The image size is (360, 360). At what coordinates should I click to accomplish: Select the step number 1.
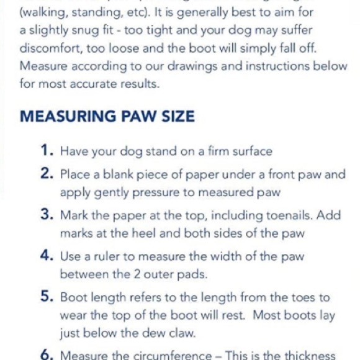pyautogui.click(x=47, y=150)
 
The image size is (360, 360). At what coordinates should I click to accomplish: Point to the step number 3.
pyautogui.click(x=47, y=215)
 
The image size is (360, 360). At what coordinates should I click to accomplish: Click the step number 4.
pyautogui.click(x=47, y=256)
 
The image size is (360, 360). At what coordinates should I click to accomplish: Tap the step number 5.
pyautogui.click(x=47, y=297)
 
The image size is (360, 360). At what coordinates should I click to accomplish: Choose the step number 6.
pyautogui.click(x=47, y=354)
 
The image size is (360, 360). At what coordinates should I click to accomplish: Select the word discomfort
pyautogui.click(x=52, y=47)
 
